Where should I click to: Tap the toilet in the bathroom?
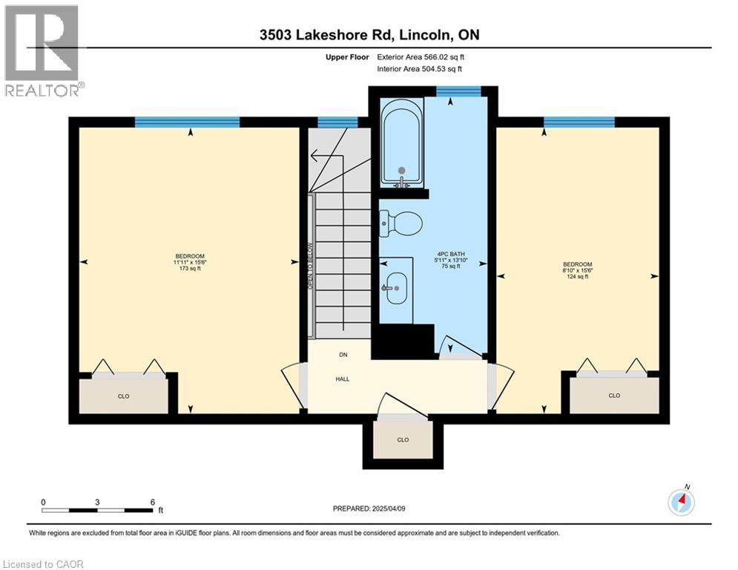pyautogui.click(x=401, y=221)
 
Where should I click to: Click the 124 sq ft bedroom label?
pyautogui.click(x=577, y=271)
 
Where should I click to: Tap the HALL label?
pyautogui.click(x=341, y=379)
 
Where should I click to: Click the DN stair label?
pyautogui.click(x=342, y=356)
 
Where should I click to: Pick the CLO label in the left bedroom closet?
pyautogui.click(x=123, y=396)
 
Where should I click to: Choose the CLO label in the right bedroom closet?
pyautogui.click(x=613, y=396)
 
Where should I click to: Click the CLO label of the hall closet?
pyautogui.click(x=403, y=439)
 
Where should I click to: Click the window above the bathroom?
pyautogui.click(x=457, y=91)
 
